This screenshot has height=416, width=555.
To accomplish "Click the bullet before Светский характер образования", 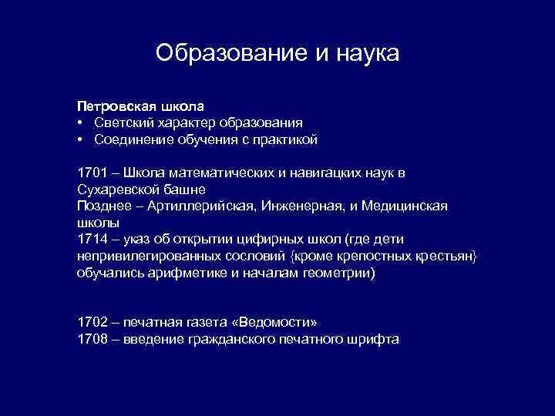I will tap(80, 122).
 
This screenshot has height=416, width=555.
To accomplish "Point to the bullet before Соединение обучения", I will tap(80, 140).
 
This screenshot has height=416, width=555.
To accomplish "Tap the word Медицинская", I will tap(411, 206).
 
